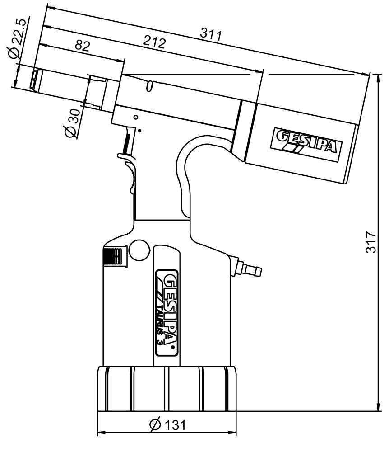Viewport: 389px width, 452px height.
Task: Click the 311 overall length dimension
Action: tap(211, 35)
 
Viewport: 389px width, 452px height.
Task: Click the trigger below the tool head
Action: tap(127, 144)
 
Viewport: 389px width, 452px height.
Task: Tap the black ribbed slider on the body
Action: tap(113, 256)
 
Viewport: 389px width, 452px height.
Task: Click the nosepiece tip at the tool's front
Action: tap(35, 80)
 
